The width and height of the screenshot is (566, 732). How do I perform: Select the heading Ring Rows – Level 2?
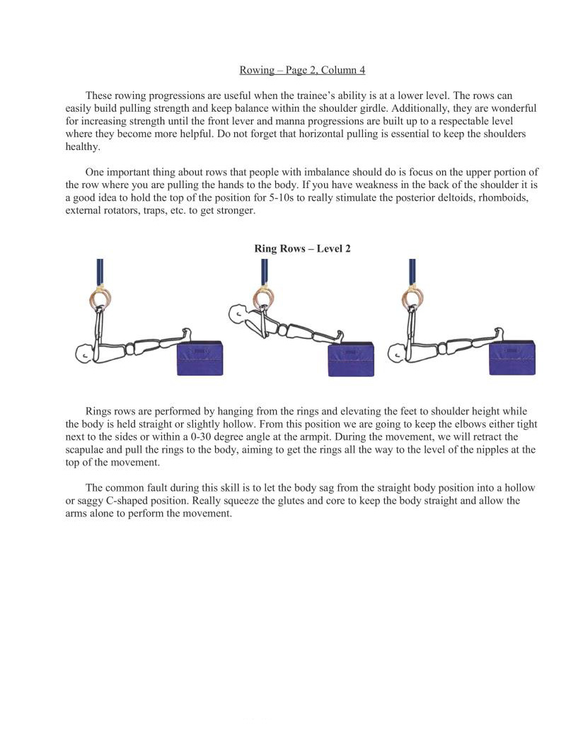(302, 248)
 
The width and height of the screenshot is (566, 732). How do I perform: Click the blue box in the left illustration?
(200, 358)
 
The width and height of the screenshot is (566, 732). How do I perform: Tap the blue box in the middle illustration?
(351, 359)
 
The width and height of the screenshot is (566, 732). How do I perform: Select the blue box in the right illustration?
(512, 358)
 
